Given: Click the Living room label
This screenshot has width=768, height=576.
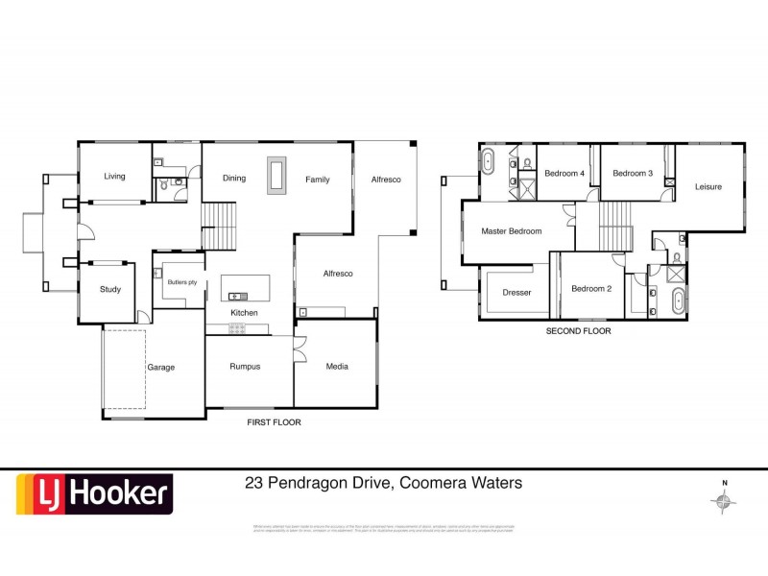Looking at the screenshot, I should click(115, 176).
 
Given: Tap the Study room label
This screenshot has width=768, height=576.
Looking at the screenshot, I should click(110, 289).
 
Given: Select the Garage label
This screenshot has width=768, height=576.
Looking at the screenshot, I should click(160, 367).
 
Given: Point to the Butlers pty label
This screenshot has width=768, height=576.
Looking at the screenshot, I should click(182, 282).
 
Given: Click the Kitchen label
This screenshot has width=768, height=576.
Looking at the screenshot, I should click(243, 313).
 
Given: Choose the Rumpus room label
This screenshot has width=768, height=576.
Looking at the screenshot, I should click(246, 366).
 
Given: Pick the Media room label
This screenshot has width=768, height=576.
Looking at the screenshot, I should click(337, 366).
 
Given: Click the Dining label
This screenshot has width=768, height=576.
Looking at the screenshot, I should click(234, 179).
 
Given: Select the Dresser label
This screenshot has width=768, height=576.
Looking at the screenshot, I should click(516, 292).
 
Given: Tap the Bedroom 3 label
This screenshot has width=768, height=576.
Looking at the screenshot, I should click(633, 174).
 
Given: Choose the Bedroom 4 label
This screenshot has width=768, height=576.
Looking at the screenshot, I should click(564, 174).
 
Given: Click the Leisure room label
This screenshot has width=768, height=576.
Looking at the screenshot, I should click(708, 186).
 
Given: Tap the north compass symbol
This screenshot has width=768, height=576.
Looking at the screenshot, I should click(724, 499).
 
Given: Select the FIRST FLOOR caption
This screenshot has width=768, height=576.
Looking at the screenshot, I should click(275, 421).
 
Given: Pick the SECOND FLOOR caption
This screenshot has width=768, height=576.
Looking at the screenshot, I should click(578, 331).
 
